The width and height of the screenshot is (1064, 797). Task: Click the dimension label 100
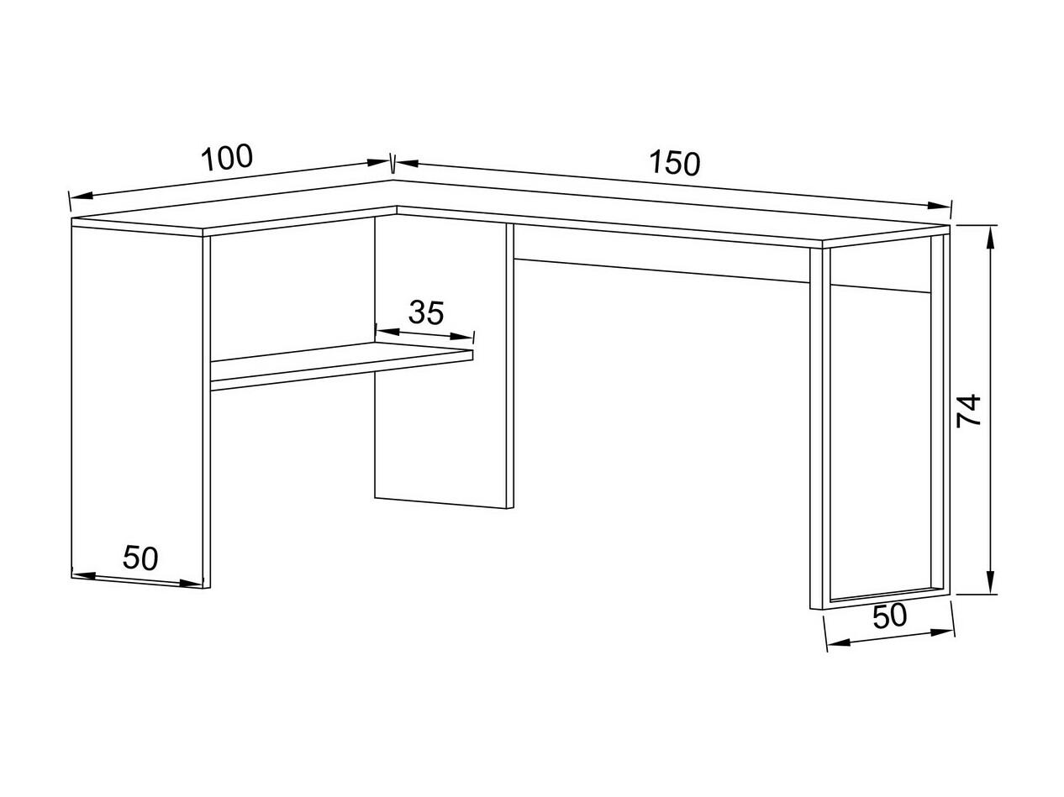click(x=227, y=157)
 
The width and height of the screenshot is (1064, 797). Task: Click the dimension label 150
click(x=674, y=163)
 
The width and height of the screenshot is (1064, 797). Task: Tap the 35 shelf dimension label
click(x=426, y=312)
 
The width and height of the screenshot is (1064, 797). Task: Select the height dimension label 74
click(x=969, y=411)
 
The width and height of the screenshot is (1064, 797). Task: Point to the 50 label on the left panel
click(x=140, y=558)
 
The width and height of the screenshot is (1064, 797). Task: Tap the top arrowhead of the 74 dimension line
click(x=991, y=239)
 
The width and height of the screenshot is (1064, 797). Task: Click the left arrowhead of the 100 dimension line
click(x=82, y=196)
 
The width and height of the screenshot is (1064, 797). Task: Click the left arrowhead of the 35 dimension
click(x=387, y=333)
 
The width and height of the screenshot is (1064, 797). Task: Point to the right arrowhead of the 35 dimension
click(x=461, y=336)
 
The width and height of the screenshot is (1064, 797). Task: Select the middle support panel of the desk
click(x=444, y=361)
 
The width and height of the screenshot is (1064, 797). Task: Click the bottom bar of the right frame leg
click(x=884, y=598)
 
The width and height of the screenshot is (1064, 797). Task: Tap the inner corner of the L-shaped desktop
click(x=397, y=207)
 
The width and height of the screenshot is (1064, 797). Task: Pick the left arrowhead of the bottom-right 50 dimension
click(x=838, y=643)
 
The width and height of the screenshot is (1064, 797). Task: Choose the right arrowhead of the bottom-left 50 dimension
click(x=192, y=584)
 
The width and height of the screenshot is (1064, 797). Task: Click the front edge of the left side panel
click(x=207, y=412)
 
